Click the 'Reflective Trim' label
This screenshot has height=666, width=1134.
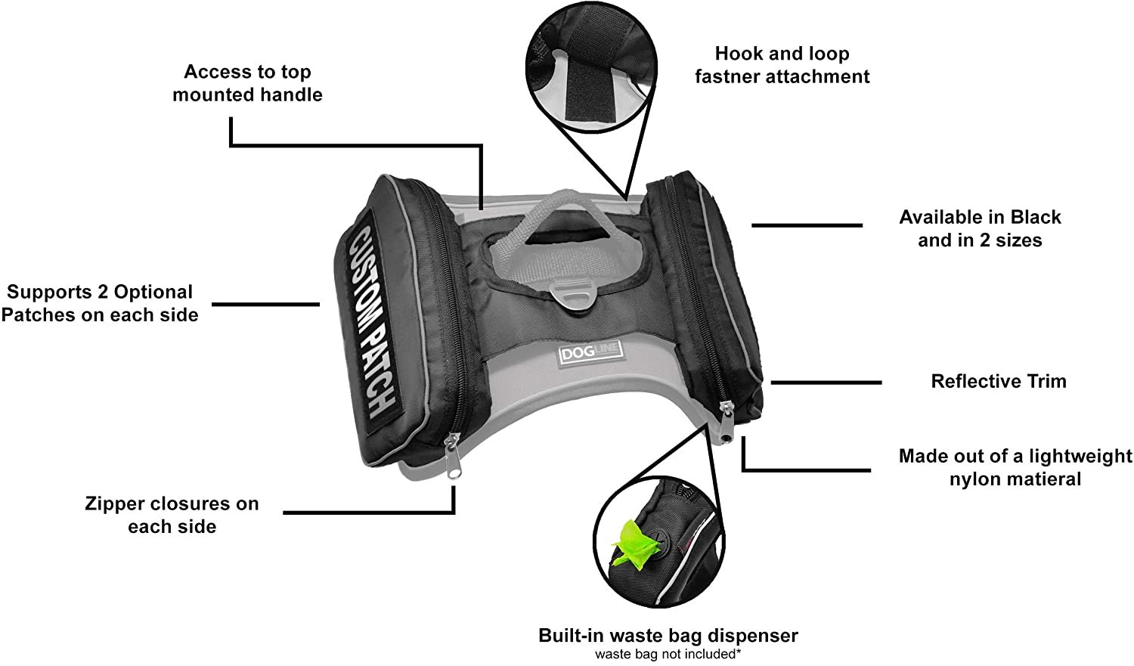[x=998, y=381]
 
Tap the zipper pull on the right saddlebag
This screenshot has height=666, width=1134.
[x=727, y=423]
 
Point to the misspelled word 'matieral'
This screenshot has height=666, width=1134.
[x=1043, y=479]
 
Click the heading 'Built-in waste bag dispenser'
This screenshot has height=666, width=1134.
[x=668, y=636]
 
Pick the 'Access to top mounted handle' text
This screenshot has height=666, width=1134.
[x=247, y=83]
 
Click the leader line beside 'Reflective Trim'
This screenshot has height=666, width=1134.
[x=826, y=383]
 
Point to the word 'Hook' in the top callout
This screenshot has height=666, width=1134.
[x=738, y=54]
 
